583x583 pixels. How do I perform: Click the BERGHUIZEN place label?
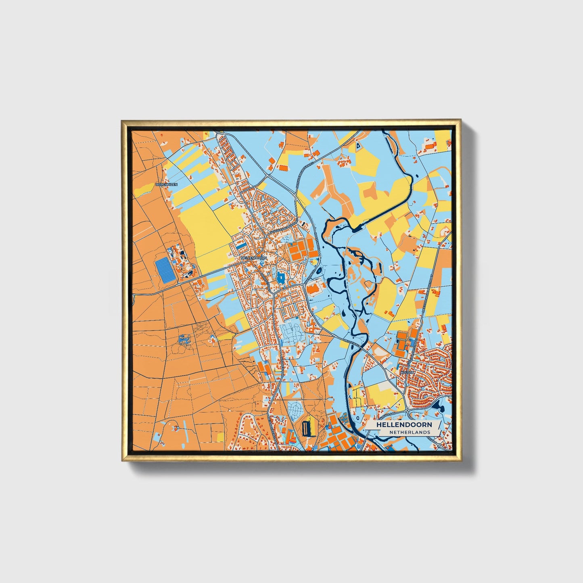click(166, 184)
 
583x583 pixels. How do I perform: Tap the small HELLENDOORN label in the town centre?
click(254, 257)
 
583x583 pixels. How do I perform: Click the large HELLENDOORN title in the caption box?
click(404, 425)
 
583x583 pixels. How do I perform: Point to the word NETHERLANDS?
click(410, 432)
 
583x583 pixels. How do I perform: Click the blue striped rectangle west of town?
click(165, 271)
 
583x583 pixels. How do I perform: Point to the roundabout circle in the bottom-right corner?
click(440, 445)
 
